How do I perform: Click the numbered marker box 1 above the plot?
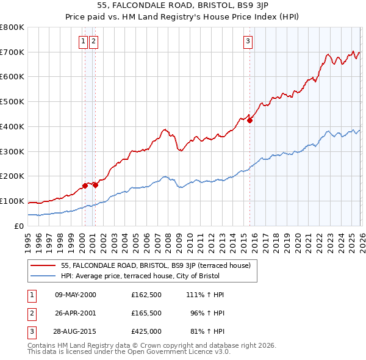tap(83, 41)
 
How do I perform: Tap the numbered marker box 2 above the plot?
tap(93, 41)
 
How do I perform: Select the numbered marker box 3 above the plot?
tap(248, 41)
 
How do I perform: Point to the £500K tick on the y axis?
tap(12, 102)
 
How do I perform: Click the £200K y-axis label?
tap(12, 176)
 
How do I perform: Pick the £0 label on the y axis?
tap(20, 226)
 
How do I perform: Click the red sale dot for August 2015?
tap(250, 120)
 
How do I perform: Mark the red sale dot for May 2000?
tap(85, 185)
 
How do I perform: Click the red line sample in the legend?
tap(44, 265)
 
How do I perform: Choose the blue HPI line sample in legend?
tap(44, 276)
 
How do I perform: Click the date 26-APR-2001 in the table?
tap(76, 312)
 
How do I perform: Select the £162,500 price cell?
tap(146, 294)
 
